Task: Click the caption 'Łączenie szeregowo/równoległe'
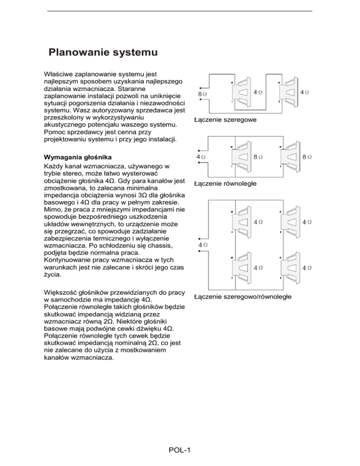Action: click(243, 297)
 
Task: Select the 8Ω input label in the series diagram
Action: click(202, 94)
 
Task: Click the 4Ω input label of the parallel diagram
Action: click(201, 157)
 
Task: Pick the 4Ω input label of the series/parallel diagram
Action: click(202, 246)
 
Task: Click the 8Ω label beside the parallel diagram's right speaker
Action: click(307, 157)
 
